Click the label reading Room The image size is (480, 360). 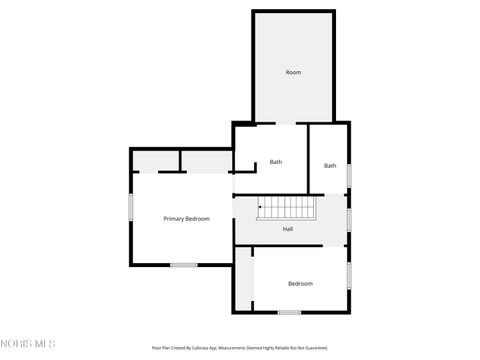pyautogui.click(x=293, y=72)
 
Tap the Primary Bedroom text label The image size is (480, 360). pyautogui.click(x=186, y=218)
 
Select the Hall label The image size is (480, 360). pyautogui.click(x=288, y=229)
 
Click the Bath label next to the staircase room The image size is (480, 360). pyautogui.click(x=276, y=162)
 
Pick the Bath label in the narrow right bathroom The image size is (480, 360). pyautogui.click(x=330, y=165)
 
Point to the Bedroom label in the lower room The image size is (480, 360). pyautogui.click(x=300, y=284)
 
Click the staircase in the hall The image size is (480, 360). pyautogui.click(x=288, y=208)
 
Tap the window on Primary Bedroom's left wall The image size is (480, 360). pyautogui.click(x=131, y=206)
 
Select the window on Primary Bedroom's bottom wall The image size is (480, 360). pyautogui.click(x=183, y=264)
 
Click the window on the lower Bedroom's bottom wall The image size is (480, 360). pyautogui.click(x=289, y=312)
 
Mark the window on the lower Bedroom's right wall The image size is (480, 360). pyautogui.click(x=348, y=272)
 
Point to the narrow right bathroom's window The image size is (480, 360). pyautogui.click(x=349, y=175)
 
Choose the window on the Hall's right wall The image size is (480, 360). pyautogui.click(x=349, y=218)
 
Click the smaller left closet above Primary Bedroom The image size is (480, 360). pyautogui.click(x=156, y=161)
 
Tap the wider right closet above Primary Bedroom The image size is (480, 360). pyautogui.click(x=207, y=162)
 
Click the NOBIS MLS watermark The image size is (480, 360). pyautogui.click(x=28, y=344)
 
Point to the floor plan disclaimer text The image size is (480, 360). pyautogui.click(x=239, y=348)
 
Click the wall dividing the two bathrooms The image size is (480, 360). pyautogui.click(x=308, y=157)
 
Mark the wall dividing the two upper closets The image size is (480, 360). pyautogui.click(x=180, y=161)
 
